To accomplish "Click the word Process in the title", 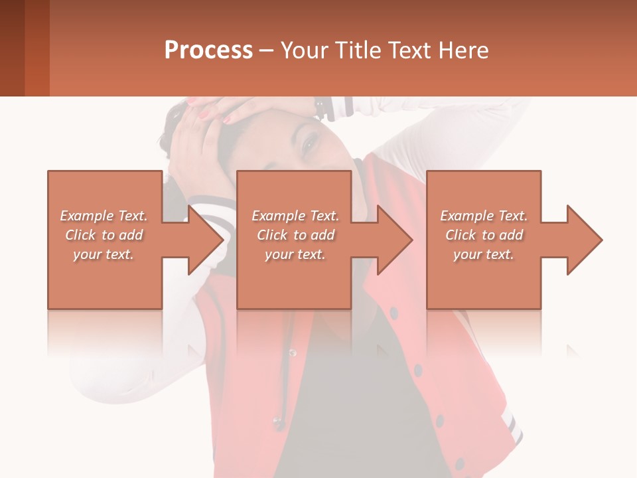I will [208, 50].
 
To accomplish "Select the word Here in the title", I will [463, 50].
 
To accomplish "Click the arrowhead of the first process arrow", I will [206, 240].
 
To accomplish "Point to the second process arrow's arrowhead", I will [395, 240].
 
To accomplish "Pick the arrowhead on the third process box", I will [585, 240].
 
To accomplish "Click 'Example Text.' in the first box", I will [104, 216].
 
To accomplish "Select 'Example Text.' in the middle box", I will [295, 216].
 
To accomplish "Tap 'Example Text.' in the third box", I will [484, 216].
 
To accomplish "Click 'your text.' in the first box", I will [104, 254].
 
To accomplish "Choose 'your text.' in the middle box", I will [295, 254].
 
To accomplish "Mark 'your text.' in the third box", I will [484, 254].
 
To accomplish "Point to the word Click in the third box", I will [460, 235].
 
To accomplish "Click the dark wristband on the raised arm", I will [323, 106].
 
